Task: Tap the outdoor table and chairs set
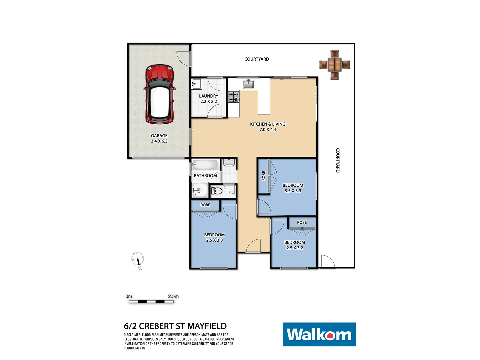click(x=335, y=65)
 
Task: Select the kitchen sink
click(x=248, y=84)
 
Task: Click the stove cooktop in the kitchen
click(x=233, y=97)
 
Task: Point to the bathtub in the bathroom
click(x=205, y=165)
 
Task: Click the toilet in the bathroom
click(x=217, y=191)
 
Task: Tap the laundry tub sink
click(x=197, y=84)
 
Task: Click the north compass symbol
click(x=137, y=259)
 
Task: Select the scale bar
click(x=151, y=302)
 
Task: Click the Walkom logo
click(x=319, y=334)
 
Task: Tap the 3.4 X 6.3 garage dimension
click(x=159, y=141)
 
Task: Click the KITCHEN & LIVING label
click(x=268, y=124)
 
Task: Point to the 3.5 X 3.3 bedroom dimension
click(x=293, y=191)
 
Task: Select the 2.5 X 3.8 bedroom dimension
click(x=214, y=240)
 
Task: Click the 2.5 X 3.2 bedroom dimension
click(x=295, y=248)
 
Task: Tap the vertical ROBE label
click(x=264, y=176)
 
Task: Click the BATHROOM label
click(x=205, y=176)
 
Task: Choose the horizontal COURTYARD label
click(x=257, y=59)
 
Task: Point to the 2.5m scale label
click(x=173, y=296)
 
